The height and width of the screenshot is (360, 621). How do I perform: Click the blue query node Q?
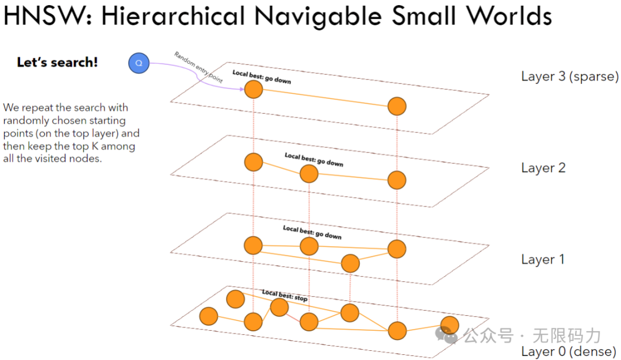[139, 63]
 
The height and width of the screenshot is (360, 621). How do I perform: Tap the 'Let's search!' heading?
[57, 63]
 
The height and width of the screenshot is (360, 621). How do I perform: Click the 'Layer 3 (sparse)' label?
[569, 76]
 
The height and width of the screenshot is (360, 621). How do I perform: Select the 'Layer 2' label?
[543, 168]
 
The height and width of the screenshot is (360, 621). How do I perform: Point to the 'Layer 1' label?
[543, 259]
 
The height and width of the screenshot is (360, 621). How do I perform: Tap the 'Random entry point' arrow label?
[198, 68]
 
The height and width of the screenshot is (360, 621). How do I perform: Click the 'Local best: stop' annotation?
[285, 296]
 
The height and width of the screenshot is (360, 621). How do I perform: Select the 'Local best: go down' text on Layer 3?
[262, 77]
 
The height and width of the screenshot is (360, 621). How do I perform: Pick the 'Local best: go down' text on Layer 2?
[314, 159]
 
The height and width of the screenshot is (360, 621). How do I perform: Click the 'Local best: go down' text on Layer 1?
[312, 232]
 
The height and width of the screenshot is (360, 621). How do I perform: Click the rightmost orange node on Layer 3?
[397, 106]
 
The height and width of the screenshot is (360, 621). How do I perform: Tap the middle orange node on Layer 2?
[309, 174]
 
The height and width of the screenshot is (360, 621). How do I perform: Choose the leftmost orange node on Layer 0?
[208, 316]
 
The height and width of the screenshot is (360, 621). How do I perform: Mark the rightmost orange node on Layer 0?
[449, 325]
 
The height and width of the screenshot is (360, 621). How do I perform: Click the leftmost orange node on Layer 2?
[253, 162]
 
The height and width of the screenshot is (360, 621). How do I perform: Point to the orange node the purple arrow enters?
[253, 90]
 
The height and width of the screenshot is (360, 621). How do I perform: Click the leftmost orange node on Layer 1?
[253, 246]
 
